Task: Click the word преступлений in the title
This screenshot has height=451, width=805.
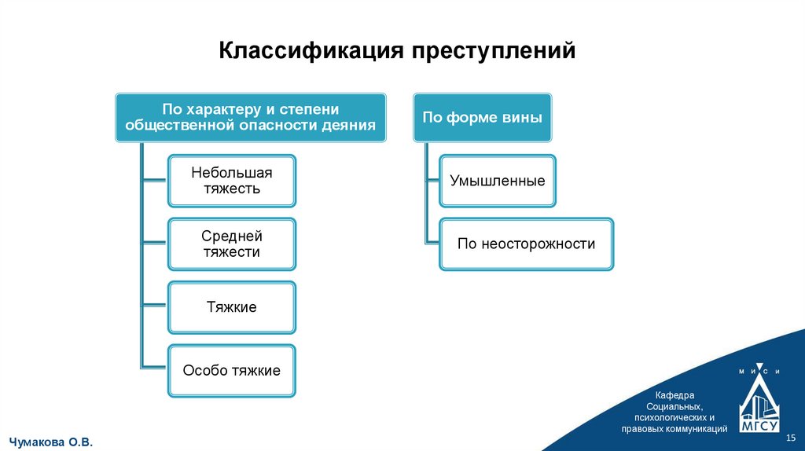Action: coord(493,52)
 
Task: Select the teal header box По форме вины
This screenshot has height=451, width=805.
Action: coord(482,118)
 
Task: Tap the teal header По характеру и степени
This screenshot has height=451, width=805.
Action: coord(251,118)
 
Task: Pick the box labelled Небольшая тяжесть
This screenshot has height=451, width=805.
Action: coord(232,180)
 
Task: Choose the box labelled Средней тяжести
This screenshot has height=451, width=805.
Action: coord(232,244)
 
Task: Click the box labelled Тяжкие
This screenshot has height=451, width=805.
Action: coord(232,307)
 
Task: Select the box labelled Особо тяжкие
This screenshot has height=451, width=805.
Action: coord(232,370)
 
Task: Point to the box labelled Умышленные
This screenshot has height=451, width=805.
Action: coord(498,181)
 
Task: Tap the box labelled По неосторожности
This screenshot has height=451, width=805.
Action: coord(527,244)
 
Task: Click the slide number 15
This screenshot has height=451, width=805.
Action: coord(791,436)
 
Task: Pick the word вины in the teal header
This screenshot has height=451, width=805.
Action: coord(524,118)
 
